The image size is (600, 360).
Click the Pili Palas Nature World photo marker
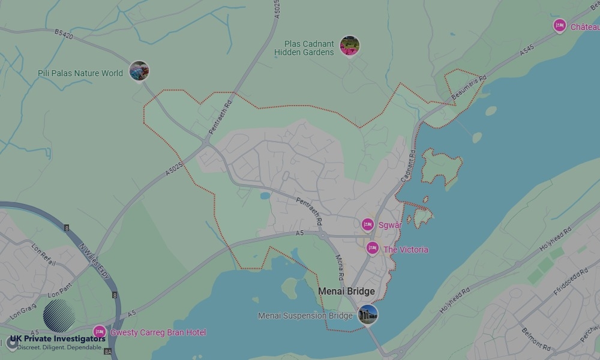coord(139,71)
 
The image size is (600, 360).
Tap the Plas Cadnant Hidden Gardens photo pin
coord(349,46)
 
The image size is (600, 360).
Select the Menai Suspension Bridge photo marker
coord(368,314)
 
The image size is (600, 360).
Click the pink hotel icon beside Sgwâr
coord(368,224)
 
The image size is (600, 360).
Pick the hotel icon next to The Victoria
coord(373,248)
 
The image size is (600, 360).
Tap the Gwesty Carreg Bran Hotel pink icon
coord(100,331)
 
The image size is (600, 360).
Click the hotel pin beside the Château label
coord(560,25)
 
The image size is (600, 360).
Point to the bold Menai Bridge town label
coord(346,292)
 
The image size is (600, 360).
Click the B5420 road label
coord(63,36)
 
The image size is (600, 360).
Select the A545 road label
coord(527,53)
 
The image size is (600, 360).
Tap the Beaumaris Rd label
coord(470,87)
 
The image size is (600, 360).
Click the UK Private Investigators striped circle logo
coord(59,316)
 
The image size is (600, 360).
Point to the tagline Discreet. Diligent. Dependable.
coord(60,347)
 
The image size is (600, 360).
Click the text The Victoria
coord(406,250)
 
